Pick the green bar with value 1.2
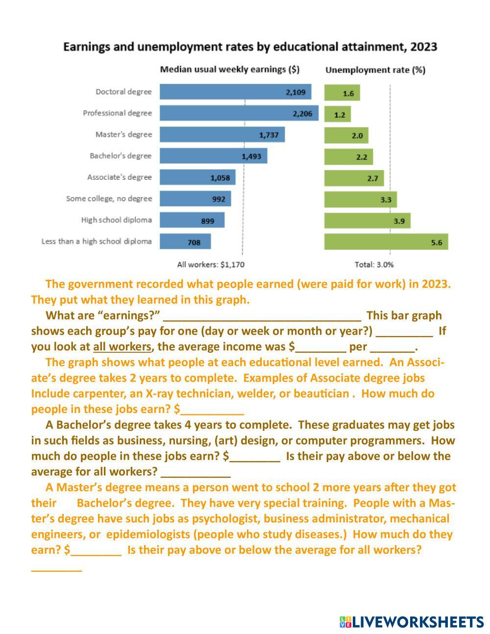pyautogui.click(x=338, y=114)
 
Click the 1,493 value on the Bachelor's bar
pyautogui.click(x=251, y=156)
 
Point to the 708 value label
pyautogui.click(x=194, y=242)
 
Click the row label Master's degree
pyautogui.click(x=123, y=134)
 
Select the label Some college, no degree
pyautogui.click(x=109, y=198)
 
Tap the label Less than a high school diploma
pyautogui.click(x=97, y=241)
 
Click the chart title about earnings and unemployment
pyautogui.click(x=250, y=47)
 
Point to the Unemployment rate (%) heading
pyautogui.click(x=375, y=70)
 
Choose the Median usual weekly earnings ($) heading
pyautogui.click(x=229, y=70)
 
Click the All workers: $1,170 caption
pyautogui.click(x=211, y=265)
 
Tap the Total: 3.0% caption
pyautogui.click(x=374, y=265)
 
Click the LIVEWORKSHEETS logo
pyautogui.click(x=411, y=622)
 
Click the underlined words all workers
pyautogui.click(x=122, y=347)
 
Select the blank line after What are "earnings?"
pyautogui.click(x=262, y=317)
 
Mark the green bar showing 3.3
pyautogui.click(x=360, y=199)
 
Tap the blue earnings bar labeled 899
pyautogui.click(x=192, y=220)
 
